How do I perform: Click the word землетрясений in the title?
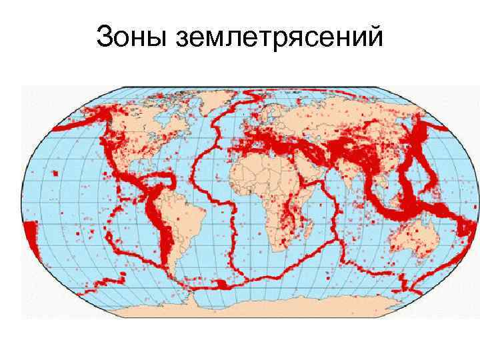tap(278, 39)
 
